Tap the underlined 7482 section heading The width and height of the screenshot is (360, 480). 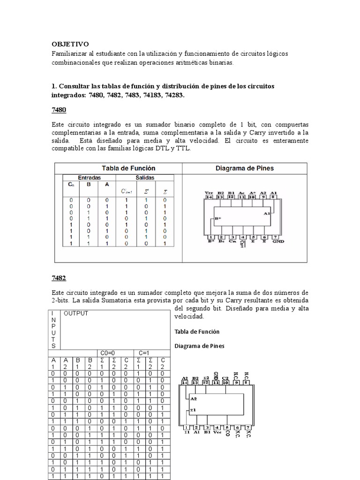coord(59,278)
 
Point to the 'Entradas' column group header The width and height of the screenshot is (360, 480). coord(89,178)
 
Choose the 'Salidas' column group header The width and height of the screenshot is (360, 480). coord(145,178)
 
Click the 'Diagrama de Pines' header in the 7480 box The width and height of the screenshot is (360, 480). coord(244,168)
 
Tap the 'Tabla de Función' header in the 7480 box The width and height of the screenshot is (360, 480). coord(128,168)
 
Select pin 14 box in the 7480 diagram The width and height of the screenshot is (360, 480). coord(209,197)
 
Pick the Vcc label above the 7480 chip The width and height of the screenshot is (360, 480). coord(209,192)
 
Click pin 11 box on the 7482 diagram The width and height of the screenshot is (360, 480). coord(216,382)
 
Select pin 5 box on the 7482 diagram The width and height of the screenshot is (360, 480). coord(227,427)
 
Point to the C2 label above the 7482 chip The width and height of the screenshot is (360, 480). coord(226,377)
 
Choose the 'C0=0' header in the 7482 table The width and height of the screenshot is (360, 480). coord(108,352)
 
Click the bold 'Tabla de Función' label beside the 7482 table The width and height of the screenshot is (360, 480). coord(197,331)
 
